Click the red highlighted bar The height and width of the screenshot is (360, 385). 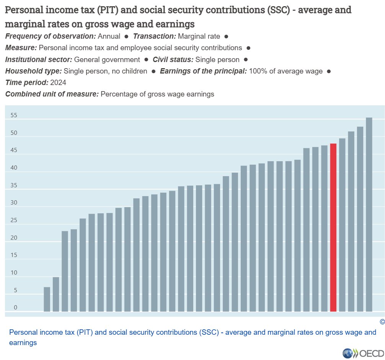tap(333, 227)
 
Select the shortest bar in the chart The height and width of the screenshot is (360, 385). tap(47, 299)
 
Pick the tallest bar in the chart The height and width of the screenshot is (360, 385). tap(369, 214)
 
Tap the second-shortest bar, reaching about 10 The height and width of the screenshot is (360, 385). tap(56, 295)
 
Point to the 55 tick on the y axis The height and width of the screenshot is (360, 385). tap(14, 115)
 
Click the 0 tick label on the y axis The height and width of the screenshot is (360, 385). tap(15, 308)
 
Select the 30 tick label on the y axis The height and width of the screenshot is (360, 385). tap(14, 203)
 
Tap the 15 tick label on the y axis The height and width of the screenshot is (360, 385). tap(14, 255)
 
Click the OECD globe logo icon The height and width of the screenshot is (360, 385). tap(347, 353)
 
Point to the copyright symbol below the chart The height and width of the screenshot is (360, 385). tap(382, 322)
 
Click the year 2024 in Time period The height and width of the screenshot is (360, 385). tap(58, 82)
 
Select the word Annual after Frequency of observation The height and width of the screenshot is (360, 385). tap(109, 36)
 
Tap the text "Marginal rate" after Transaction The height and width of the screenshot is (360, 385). tap(199, 36)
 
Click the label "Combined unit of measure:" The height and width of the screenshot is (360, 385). tap(52, 94)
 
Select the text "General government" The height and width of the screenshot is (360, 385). tap(107, 60)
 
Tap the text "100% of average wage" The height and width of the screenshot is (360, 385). tap(286, 71)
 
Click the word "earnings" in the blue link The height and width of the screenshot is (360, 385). tap(23, 343)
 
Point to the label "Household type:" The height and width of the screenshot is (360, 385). tap(33, 71)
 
